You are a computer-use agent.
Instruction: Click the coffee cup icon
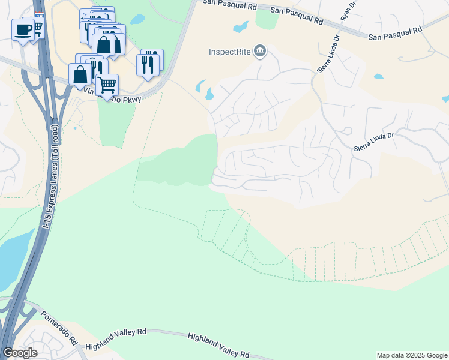point(23,29)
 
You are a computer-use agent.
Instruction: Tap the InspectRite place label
point(229,52)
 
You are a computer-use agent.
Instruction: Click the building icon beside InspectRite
point(260,51)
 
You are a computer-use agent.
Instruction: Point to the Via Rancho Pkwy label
point(111,95)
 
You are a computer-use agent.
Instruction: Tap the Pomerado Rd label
point(59,326)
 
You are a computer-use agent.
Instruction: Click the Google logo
point(20,353)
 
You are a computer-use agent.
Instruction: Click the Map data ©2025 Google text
point(411,355)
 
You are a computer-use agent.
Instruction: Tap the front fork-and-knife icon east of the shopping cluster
point(147,64)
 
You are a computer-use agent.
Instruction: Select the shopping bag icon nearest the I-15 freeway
point(80,74)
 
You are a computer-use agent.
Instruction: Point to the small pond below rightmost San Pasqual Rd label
point(378,77)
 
